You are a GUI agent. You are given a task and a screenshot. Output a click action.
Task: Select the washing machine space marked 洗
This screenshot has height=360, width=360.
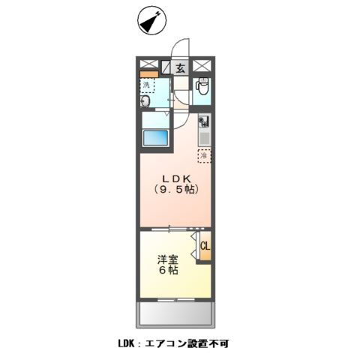[x=147, y=85]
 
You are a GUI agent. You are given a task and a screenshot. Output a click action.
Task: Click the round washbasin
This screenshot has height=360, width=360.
[x=147, y=101]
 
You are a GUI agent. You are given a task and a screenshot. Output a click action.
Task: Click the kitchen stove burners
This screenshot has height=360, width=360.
[x=202, y=122]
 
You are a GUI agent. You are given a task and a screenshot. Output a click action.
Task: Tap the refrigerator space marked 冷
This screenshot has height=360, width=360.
[x=203, y=155]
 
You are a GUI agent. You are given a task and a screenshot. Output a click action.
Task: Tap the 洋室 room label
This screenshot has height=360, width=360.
[x=167, y=259]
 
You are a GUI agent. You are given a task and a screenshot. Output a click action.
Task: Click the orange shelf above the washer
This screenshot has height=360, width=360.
[x=148, y=74]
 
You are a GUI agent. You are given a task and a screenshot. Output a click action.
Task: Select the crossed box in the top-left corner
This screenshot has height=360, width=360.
[x=148, y=65]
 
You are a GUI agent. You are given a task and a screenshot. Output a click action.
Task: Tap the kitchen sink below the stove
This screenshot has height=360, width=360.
[x=202, y=138]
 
